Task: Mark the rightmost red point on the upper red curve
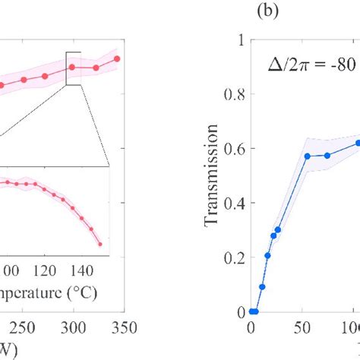(117, 58)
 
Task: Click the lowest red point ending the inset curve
(100, 244)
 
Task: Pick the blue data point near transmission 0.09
(262, 287)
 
